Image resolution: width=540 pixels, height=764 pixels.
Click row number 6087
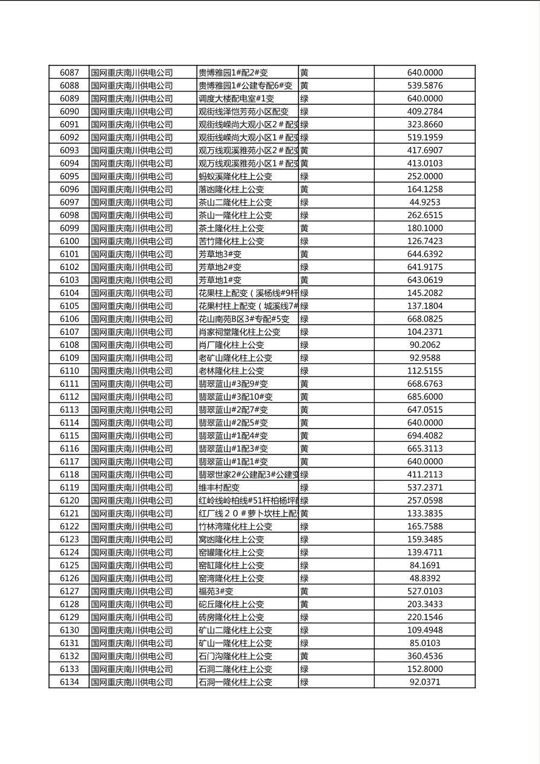69,73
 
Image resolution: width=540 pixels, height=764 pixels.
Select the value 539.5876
424,86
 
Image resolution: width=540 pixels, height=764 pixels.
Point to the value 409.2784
424,111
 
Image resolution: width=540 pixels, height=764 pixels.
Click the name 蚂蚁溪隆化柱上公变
235,177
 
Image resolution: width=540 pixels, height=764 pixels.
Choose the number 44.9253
424,202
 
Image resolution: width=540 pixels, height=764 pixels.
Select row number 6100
69,241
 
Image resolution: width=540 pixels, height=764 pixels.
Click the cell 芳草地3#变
220,254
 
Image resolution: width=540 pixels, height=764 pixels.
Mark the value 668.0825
424,319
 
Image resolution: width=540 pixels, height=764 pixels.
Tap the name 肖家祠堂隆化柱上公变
239,332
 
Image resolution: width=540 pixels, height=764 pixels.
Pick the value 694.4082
424,436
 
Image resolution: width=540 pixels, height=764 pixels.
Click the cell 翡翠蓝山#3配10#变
235,397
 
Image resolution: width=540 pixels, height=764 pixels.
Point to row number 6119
69,487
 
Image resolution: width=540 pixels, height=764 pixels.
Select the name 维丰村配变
219,487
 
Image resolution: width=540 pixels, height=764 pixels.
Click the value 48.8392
424,578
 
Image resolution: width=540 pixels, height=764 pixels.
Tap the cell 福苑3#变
216,591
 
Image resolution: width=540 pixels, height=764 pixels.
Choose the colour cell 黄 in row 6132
305,656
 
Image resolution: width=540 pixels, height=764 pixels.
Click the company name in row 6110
132,371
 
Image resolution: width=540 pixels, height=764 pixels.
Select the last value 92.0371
424,682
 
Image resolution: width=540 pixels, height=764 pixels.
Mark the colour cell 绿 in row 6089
305,99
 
